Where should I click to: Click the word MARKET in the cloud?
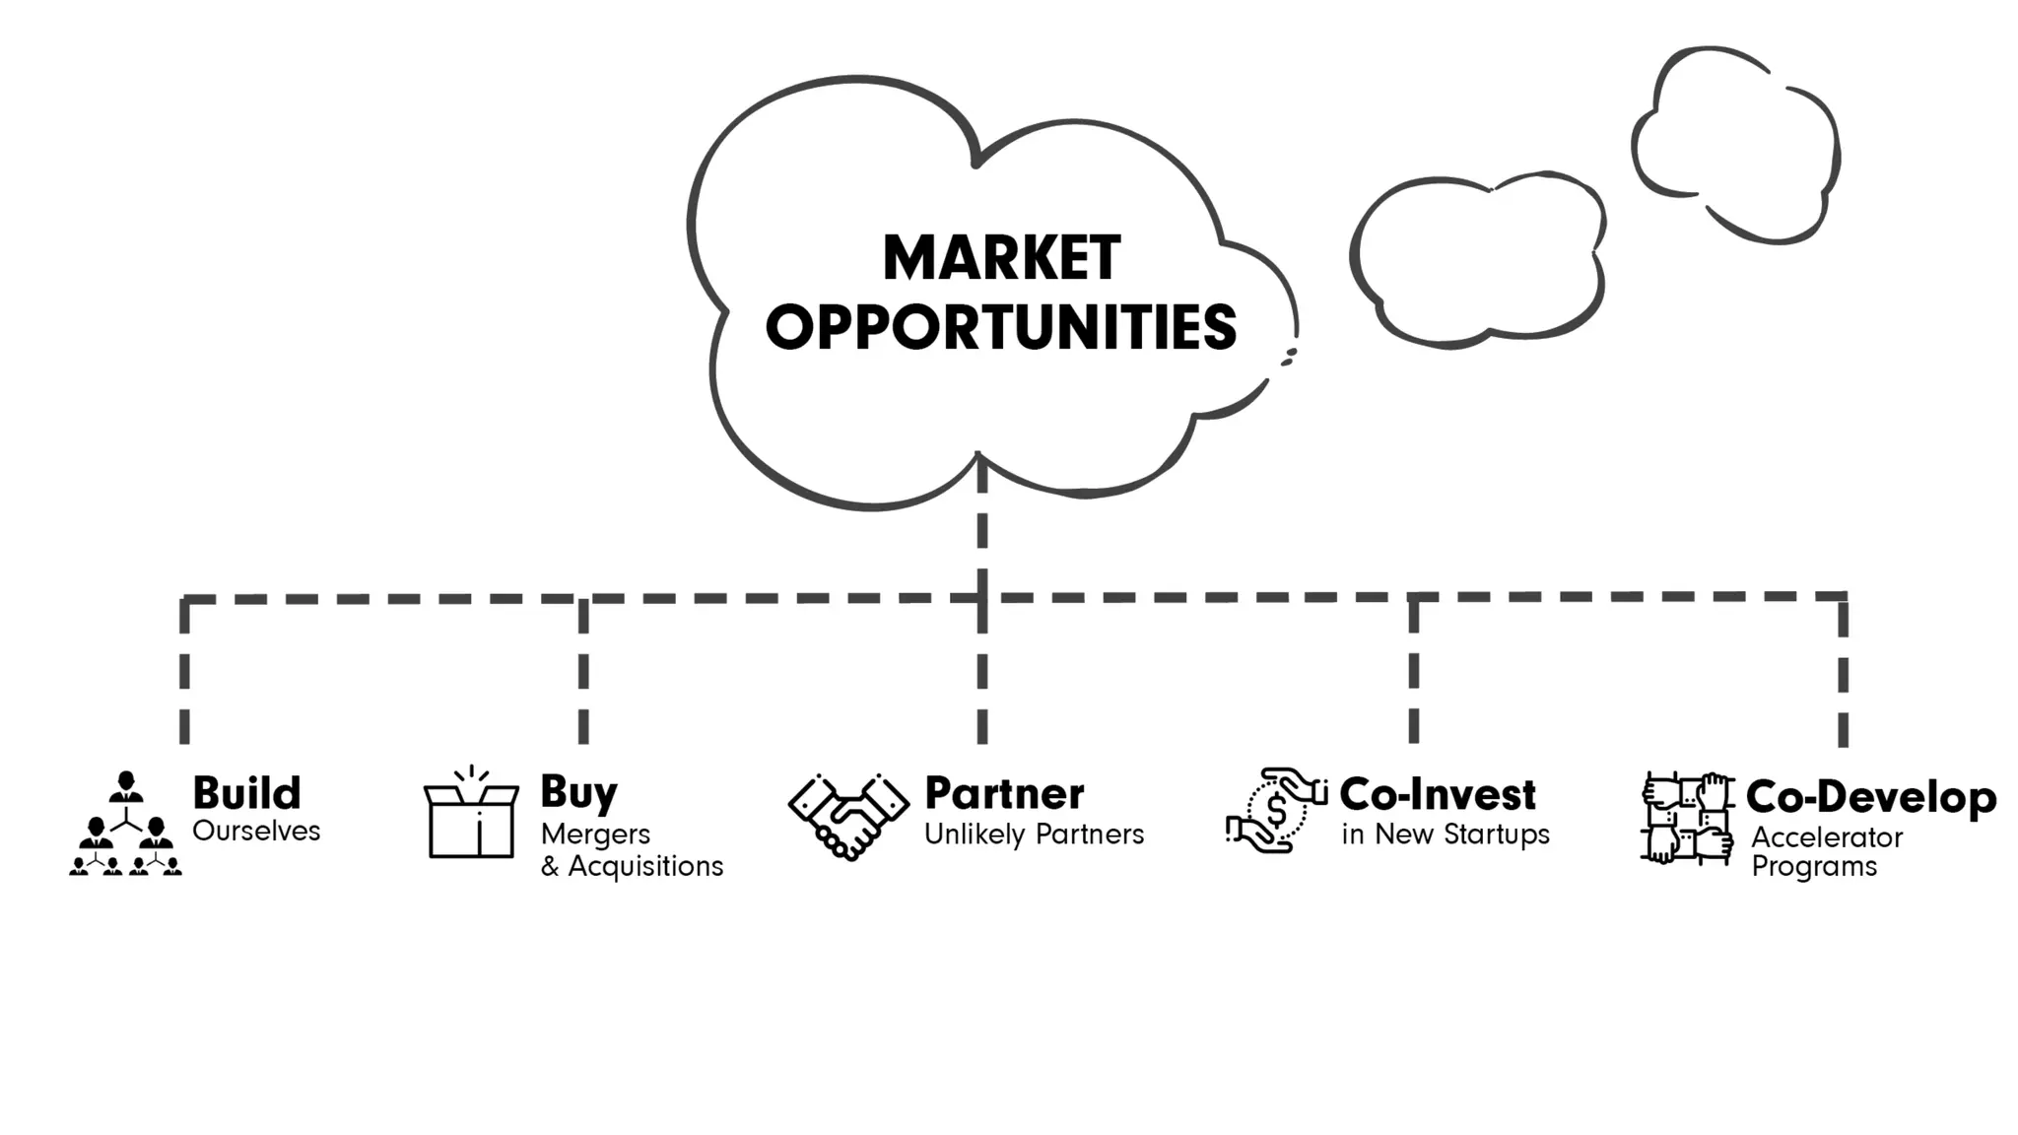point(1001,258)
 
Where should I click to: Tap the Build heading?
point(246,793)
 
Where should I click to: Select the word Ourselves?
point(256,832)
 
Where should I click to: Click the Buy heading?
point(578,793)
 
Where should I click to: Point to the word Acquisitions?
point(645,867)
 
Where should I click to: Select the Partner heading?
point(1004,794)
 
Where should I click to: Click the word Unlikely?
point(975,835)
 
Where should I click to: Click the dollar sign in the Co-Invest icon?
point(1276,811)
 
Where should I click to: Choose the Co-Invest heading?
point(1438,794)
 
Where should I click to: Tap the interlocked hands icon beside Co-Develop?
point(1687,819)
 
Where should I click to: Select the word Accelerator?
point(1827,838)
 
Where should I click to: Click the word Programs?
point(1814,867)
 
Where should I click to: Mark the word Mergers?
point(595,835)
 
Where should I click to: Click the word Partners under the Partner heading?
point(1090,835)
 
